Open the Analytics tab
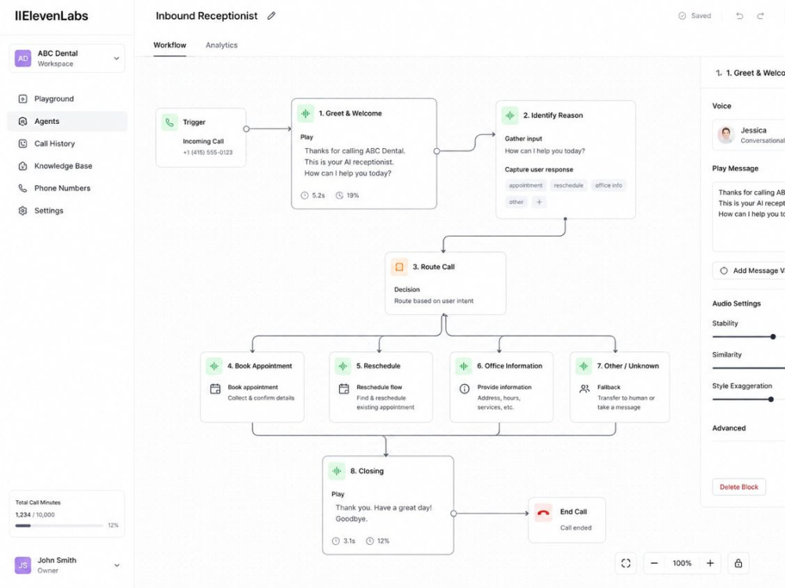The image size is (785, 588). point(221,45)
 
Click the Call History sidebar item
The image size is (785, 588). point(54,143)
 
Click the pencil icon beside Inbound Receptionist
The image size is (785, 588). point(272,16)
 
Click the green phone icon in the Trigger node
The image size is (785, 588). point(170,122)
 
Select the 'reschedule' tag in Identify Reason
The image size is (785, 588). point(568,186)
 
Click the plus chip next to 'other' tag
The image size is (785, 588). point(539,202)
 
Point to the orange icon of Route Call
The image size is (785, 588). point(399,267)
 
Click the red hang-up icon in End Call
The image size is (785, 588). point(543,513)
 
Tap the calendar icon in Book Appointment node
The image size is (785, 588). point(215,389)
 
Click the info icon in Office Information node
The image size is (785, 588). point(465,389)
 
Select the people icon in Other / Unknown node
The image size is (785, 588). point(584,389)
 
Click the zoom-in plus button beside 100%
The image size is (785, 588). point(710,563)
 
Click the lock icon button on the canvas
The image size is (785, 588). point(738,563)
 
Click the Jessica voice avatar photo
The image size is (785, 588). point(726,135)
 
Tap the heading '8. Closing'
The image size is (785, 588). point(367,471)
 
